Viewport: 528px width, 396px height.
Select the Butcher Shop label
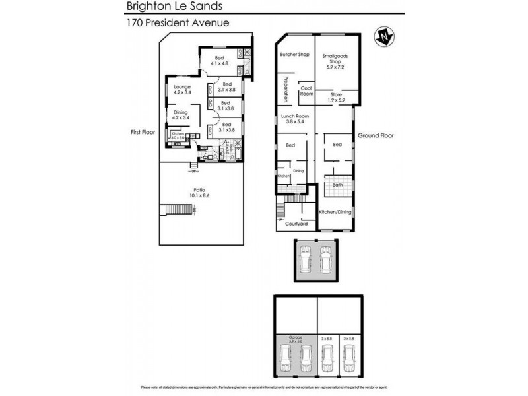click(x=294, y=55)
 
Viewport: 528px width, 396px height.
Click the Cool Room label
click(x=306, y=91)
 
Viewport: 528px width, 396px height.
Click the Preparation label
click(x=286, y=90)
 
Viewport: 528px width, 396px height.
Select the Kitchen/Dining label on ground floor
click(x=335, y=211)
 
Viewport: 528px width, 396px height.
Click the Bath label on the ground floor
click(x=337, y=185)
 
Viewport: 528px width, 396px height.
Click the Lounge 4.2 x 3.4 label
click(x=182, y=89)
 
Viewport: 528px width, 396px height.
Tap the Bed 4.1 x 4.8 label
click(x=220, y=61)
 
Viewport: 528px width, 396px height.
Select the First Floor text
click(x=143, y=132)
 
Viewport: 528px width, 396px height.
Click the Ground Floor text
click(x=376, y=135)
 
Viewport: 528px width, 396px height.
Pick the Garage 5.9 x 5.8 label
click(x=295, y=339)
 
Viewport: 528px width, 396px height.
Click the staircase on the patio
click(x=177, y=211)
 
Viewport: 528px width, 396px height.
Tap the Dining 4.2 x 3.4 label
click(x=181, y=115)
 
